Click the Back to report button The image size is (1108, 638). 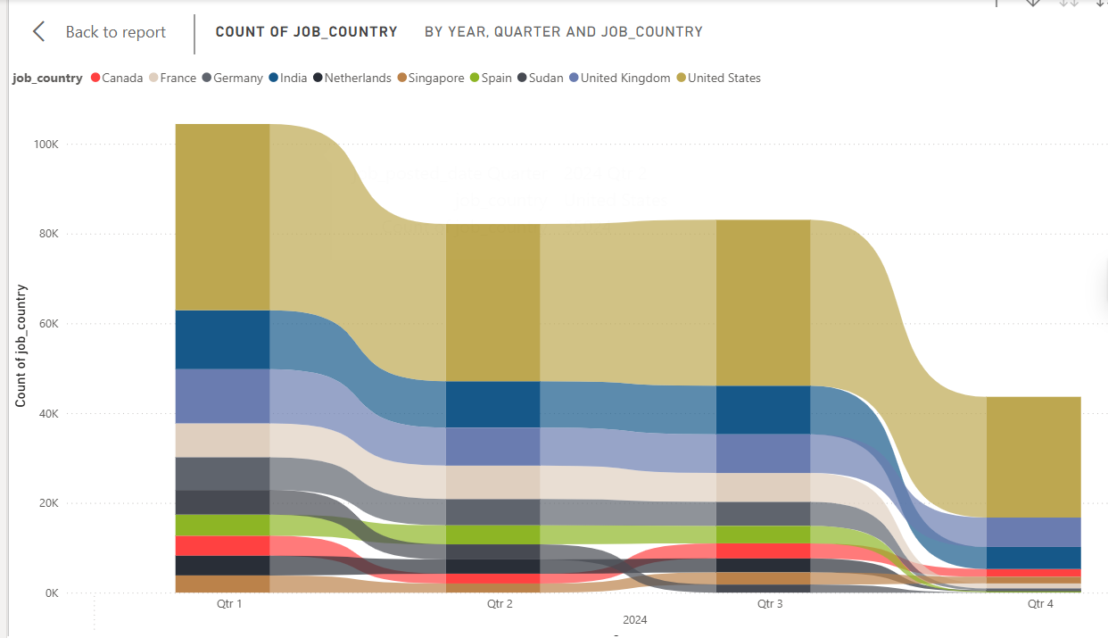[100, 32]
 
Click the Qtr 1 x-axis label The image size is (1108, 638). [229, 604]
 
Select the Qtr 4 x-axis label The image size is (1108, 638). [1040, 604]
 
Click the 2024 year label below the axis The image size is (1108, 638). [635, 620]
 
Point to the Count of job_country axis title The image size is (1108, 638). [21, 346]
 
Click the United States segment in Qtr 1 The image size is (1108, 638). [222, 217]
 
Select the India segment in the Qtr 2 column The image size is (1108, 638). [492, 404]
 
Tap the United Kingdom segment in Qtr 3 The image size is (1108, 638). [763, 453]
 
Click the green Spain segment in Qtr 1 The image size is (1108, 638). [222, 525]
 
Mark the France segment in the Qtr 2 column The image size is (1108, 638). [492, 482]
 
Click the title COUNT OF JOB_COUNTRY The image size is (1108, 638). [306, 32]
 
